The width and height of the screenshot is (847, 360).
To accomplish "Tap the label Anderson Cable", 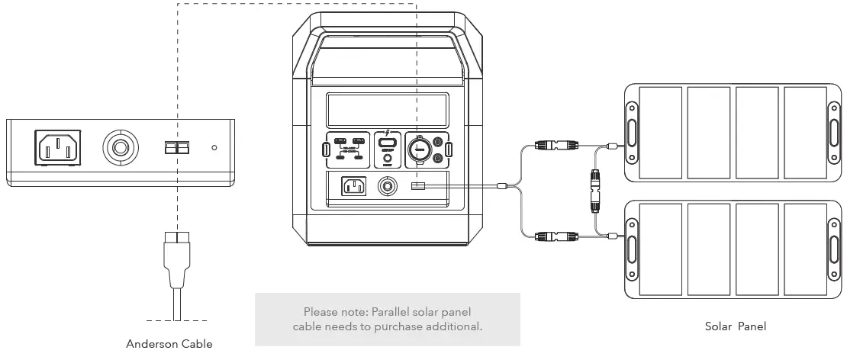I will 169,343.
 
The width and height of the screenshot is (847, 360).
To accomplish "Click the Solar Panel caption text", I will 736,326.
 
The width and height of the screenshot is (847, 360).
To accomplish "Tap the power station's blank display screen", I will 387,111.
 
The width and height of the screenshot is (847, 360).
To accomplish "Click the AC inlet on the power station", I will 353,185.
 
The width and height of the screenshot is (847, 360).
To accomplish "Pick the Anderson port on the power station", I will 417,186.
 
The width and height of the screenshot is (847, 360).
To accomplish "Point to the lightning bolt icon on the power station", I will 388,130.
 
